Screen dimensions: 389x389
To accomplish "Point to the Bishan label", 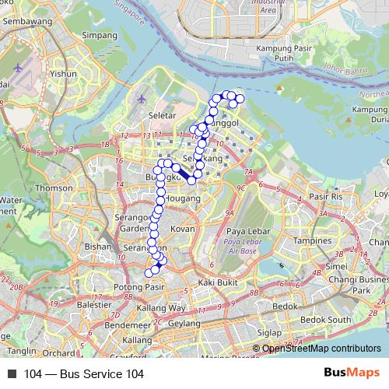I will (x=99, y=246).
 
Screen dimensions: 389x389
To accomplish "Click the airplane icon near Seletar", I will (x=141, y=100).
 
